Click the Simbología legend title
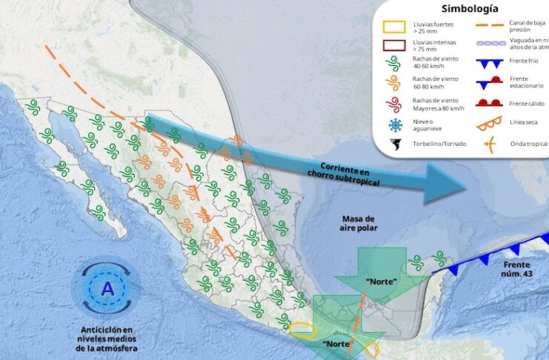coord(469,9)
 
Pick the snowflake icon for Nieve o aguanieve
coord(393,124)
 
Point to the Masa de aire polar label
coord(360,223)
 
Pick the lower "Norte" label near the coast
coord(337,344)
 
